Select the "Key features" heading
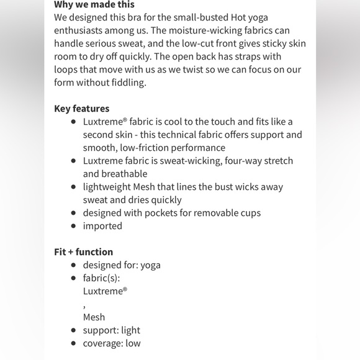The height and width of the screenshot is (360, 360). pyautogui.click(x=82, y=109)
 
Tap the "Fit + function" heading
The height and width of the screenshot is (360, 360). pyautogui.click(x=84, y=252)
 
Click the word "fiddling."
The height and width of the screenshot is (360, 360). pyautogui.click(x=126, y=83)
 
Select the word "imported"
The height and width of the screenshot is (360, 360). pyautogui.click(x=102, y=226)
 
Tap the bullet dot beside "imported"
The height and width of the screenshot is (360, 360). pyautogui.click(x=74, y=226)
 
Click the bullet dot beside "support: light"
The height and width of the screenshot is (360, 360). pyautogui.click(x=74, y=330)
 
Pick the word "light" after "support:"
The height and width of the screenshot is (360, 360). pyautogui.click(x=130, y=330)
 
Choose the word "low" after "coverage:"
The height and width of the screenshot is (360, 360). pyautogui.click(x=133, y=343)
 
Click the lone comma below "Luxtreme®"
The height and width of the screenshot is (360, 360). pyautogui.click(x=85, y=305)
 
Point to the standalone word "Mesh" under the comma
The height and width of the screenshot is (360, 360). pyautogui.click(x=94, y=317)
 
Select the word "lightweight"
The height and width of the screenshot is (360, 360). pyautogui.click(x=107, y=187)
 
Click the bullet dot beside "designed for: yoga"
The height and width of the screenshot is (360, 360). pyautogui.click(x=74, y=265)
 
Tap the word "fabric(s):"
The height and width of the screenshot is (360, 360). pyautogui.click(x=101, y=278)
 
